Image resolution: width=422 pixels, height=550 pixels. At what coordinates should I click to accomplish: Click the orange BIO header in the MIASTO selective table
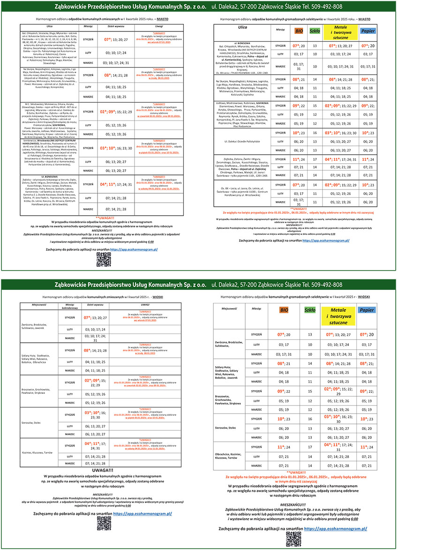298,30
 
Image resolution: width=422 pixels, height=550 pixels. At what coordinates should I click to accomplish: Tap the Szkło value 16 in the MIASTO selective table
315,133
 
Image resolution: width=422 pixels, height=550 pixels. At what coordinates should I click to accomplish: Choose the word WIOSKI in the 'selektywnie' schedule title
366,297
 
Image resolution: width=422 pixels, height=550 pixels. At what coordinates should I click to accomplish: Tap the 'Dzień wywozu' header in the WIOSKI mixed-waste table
95,305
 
